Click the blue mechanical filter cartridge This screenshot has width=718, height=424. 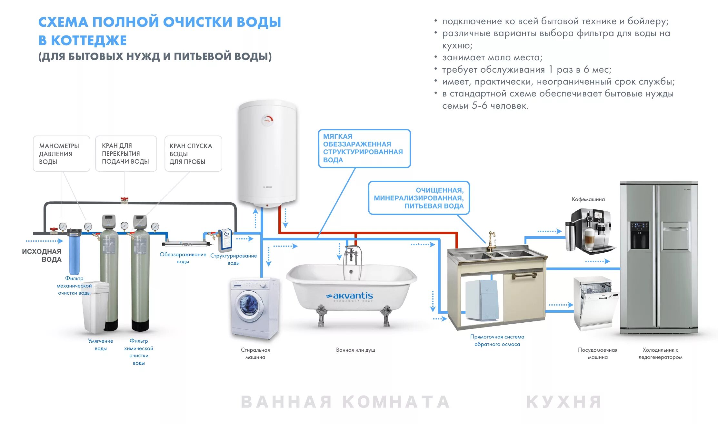coord(74,255)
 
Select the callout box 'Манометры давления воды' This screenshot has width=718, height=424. coord(61,154)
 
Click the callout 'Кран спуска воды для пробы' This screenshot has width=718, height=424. coord(193,154)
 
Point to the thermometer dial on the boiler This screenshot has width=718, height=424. coord(267,121)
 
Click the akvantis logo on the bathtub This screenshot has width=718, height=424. coord(349,296)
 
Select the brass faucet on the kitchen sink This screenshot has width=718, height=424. coord(491,241)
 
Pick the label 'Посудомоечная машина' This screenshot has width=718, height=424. coord(597,353)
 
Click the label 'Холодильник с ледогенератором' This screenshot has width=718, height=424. coord(660,353)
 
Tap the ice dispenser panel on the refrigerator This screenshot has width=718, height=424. coord(639,236)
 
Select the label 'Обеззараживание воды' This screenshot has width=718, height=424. coord(183,258)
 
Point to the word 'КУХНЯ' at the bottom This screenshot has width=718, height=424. coord(564,402)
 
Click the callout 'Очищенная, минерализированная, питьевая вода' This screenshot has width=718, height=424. coord(419,198)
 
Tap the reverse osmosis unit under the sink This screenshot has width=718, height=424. coord(482,300)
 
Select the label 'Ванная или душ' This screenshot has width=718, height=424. coord(355,350)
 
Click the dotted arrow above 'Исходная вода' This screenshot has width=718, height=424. coord(44,241)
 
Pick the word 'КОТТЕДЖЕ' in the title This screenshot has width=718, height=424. coord(89,41)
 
